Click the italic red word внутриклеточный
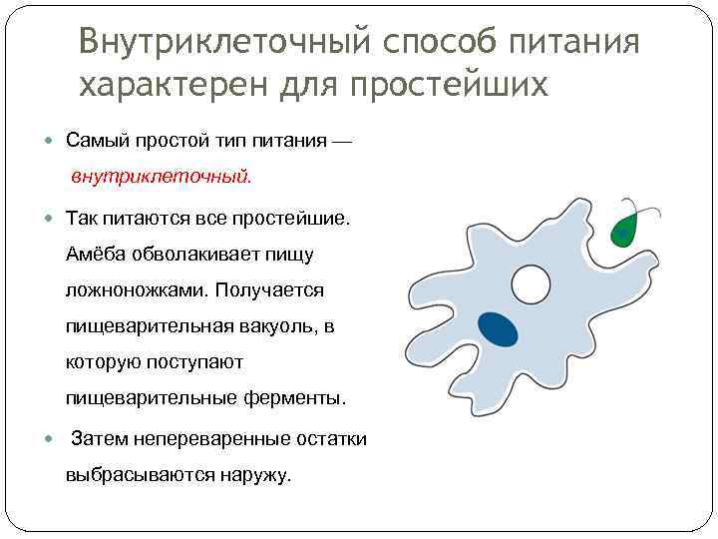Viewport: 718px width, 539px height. click(161, 177)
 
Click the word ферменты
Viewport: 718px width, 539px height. click(295, 398)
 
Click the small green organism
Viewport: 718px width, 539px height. click(625, 229)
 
